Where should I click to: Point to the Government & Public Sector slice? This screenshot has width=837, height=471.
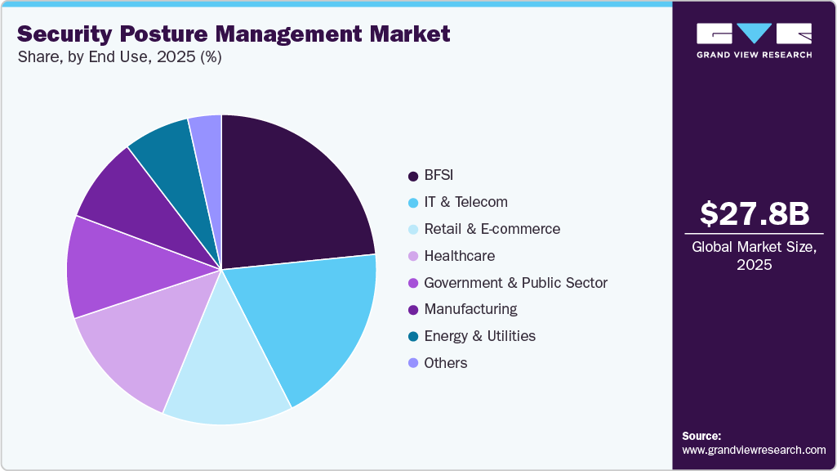pyautogui.click(x=114, y=270)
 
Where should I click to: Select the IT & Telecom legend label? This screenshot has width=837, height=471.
pyautogui.click(x=465, y=202)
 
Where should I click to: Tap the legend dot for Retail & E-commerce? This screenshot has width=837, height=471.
pyautogui.click(x=412, y=229)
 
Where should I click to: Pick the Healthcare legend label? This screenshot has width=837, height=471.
pyautogui.click(x=459, y=256)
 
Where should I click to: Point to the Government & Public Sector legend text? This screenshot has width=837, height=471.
pyautogui.click(x=515, y=283)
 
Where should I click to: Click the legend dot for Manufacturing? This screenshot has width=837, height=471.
pyautogui.click(x=412, y=310)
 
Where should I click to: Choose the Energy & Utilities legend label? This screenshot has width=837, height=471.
pyautogui.click(x=479, y=336)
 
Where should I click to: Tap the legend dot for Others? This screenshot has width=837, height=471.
pyautogui.click(x=412, y=363)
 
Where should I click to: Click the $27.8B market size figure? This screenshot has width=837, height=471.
pyautogui.click(x=755, y=213)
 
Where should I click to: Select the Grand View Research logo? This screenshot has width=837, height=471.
pyautogui.click(x=754, y=40)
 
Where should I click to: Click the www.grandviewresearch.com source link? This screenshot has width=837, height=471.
pyautogui.click(x=754, y=450)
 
